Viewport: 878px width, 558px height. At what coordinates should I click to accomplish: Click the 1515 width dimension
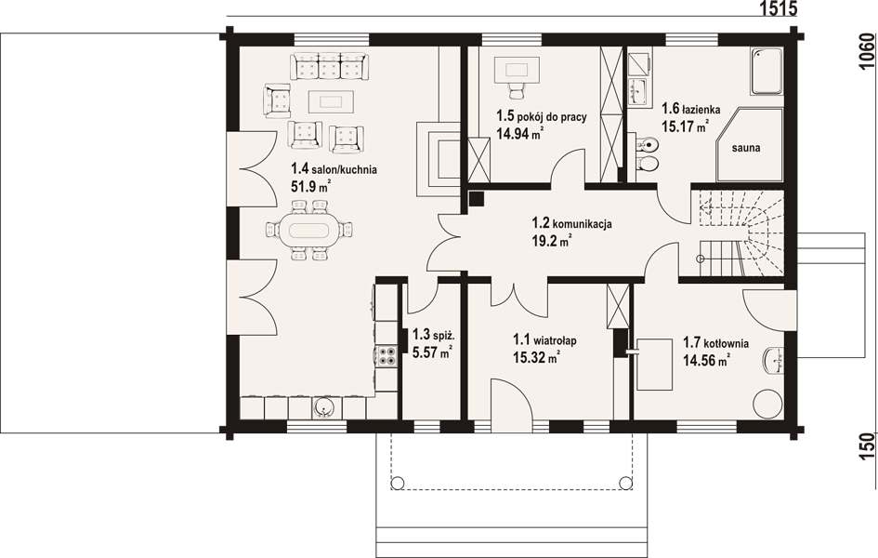[x=778, y=8]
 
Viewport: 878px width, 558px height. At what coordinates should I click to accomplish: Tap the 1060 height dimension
[x=866, y=52]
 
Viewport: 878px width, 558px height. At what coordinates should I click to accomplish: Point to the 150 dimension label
[x=866, y=446]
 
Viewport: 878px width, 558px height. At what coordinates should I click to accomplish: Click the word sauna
[x=746, y=149]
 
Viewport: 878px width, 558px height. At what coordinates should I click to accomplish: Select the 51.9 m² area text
[x=310, y=187]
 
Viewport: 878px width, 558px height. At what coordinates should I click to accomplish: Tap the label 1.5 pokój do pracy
[x=542, y=116]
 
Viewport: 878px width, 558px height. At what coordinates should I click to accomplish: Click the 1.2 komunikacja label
[x=571, y=223]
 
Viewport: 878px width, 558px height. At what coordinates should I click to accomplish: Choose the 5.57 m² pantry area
[x=432, y=352]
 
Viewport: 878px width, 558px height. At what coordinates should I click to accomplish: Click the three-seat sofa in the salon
[x=329, y=67]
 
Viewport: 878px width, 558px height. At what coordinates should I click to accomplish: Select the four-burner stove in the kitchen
[x=387, y=356]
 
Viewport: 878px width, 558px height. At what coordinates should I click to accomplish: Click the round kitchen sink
[x=324, y=407]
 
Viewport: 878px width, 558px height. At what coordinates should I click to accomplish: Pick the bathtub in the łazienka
[x=767, y=72]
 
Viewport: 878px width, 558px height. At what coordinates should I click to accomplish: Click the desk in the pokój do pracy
[x=518, y=70]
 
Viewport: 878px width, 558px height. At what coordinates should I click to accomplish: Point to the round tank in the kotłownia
[x=767, y=403]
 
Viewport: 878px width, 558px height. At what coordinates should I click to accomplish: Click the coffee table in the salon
[x=331, y=102]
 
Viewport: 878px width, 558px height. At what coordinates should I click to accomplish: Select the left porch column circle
[x=398, y=482]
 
